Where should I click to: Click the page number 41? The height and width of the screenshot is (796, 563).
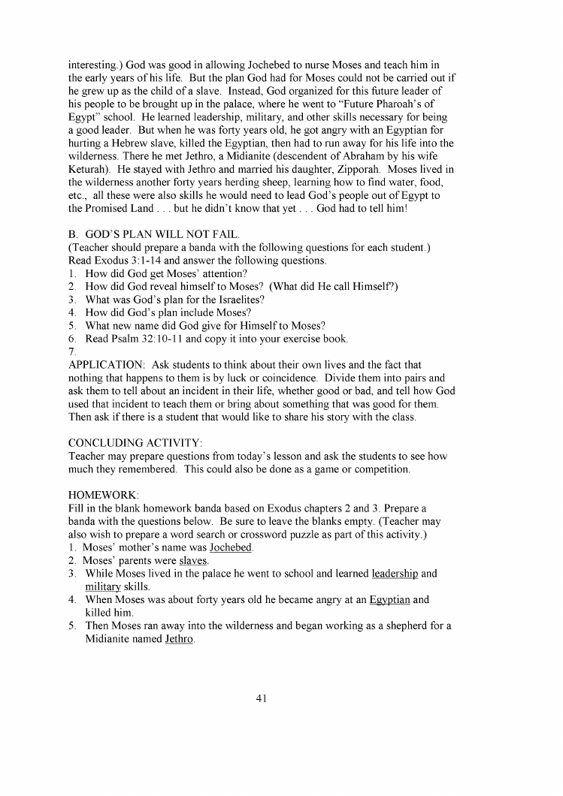262,698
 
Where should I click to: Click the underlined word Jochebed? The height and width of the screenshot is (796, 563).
231,547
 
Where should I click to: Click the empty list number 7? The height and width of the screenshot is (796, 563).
71,351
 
